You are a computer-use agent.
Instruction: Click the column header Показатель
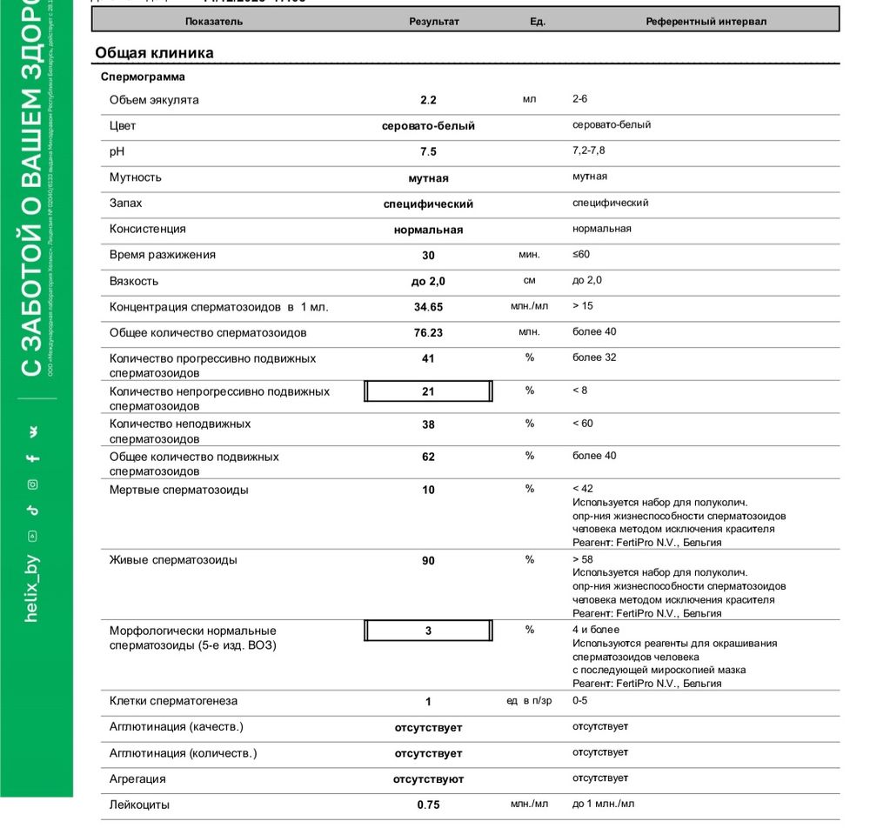[214, 22]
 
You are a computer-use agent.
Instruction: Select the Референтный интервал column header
[706, 22]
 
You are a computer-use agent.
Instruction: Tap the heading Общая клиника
[154, 53]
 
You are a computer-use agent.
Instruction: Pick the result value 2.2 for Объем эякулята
[428, 100]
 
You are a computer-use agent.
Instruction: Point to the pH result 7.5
[428, 151]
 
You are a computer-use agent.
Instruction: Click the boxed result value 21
[428, 391]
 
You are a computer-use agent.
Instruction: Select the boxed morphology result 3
[428, 631]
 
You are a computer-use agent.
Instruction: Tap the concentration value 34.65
[428, 307]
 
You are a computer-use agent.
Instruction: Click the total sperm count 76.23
[428, 333]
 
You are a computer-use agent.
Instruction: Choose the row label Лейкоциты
[139, 805]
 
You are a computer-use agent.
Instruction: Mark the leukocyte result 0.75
[428, 805]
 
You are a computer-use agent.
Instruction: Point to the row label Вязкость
[134, 281]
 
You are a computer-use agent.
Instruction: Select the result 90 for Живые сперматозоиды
[428, 561]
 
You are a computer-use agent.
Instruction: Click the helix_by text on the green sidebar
[32, 589]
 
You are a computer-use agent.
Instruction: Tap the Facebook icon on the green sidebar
[32, 458]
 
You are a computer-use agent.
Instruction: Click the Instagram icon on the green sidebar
[32, 484]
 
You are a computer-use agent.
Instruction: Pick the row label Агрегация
[137, 778]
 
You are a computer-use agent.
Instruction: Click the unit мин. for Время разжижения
[529, 255]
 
